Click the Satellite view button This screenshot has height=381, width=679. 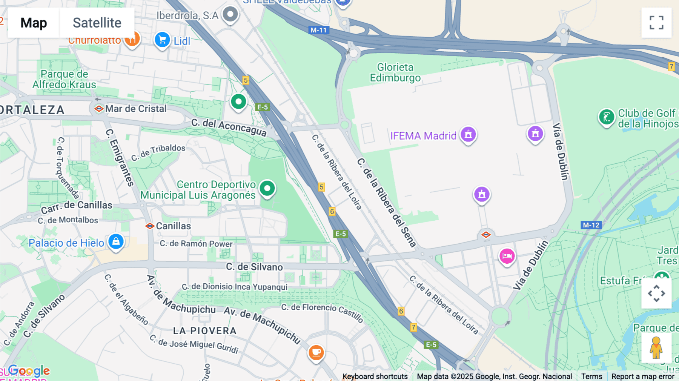[x=97, y=23]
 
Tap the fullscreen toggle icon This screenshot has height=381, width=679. [x=656, y=23]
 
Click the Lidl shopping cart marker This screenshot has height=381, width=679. [x=162, y=40]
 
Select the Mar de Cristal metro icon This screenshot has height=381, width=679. [x=99, y=109]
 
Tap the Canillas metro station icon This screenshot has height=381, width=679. [x=150, y=226]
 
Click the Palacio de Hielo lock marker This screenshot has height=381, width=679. [x=116, y=241]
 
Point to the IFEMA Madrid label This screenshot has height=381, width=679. [x=423, y=136]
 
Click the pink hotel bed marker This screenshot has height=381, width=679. [x=507, y=256]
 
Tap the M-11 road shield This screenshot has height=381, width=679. [x=318, y=30]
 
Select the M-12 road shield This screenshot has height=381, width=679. [x=591, y=225]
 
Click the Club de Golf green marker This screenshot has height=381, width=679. [x=607, y=117]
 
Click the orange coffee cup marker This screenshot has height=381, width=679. [x=316, y=353]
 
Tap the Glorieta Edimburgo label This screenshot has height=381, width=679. [x=395, y=72]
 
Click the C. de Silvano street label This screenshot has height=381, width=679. [x=254, y=267]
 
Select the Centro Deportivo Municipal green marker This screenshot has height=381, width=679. [x=267, y=188]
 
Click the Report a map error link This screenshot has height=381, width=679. [x=643, y=376]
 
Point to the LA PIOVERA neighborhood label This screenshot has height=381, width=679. [x=205, y=331]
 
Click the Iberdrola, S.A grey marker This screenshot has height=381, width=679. [x=230, y=15]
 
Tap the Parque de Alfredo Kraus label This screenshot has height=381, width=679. [x=64, y=79]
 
